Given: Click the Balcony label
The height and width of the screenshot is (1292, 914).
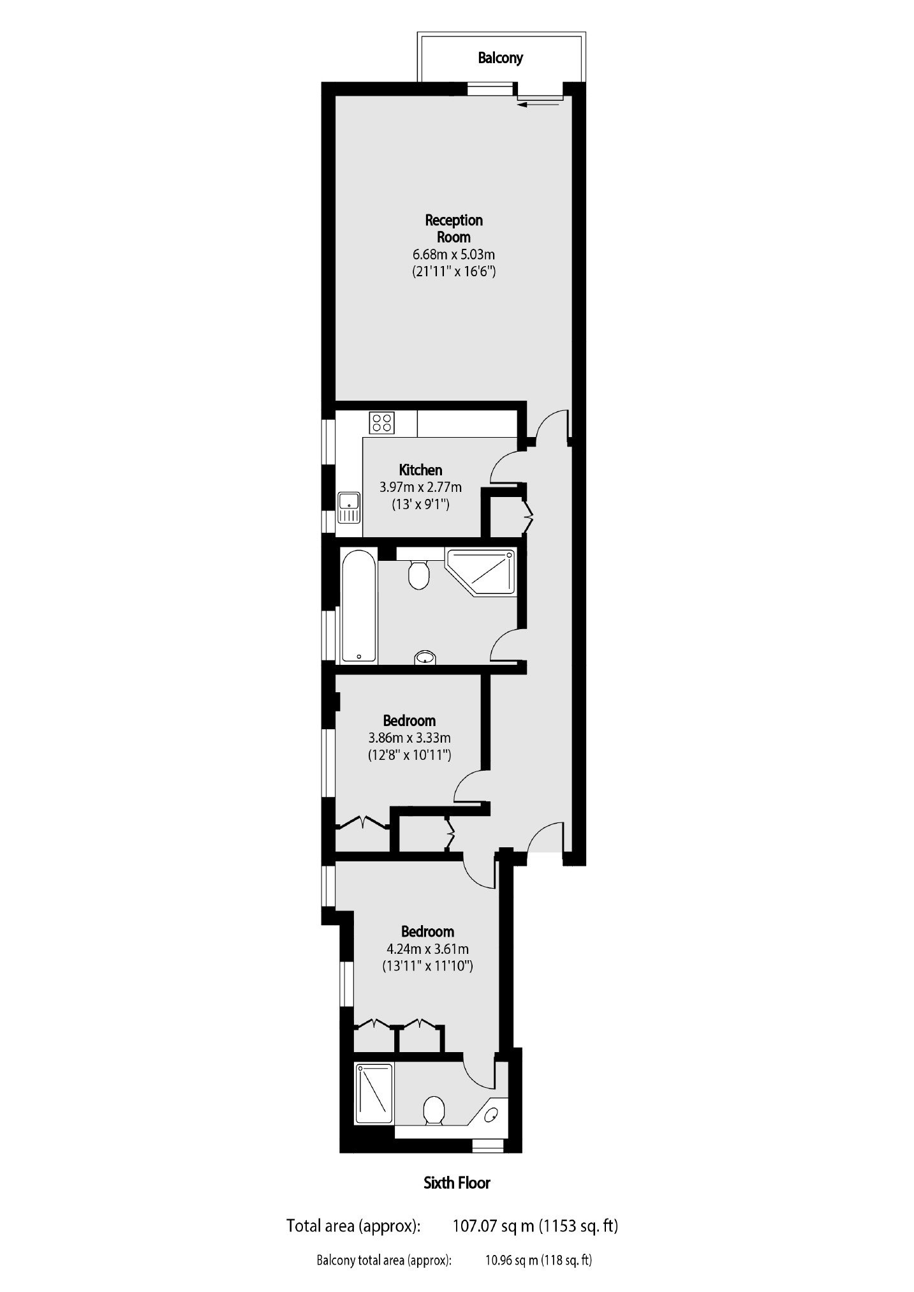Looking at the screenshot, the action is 501,58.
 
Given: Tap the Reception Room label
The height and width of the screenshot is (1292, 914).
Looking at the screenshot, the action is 454,228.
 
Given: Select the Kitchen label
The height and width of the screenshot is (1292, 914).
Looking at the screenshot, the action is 421,470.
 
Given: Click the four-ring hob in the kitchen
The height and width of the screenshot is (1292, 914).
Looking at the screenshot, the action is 381,422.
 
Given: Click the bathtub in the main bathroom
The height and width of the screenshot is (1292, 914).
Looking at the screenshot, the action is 359,605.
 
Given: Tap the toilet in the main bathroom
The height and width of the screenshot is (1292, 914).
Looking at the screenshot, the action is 418,572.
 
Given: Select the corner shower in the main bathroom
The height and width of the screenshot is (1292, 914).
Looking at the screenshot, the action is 481,572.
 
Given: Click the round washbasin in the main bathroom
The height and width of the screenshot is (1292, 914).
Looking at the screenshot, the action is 425,657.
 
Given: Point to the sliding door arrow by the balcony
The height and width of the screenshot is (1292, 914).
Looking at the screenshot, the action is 540,105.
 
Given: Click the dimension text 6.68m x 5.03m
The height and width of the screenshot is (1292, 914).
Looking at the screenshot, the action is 454,255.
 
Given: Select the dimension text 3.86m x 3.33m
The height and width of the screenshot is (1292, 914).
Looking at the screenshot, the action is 409,738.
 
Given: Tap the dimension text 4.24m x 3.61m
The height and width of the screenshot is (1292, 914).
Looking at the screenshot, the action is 427,949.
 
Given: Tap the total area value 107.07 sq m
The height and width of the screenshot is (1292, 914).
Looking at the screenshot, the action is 494,1226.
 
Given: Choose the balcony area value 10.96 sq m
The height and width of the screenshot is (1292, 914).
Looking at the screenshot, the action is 512,1260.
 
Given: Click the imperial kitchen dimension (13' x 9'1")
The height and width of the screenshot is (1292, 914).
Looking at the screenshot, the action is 421,505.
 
